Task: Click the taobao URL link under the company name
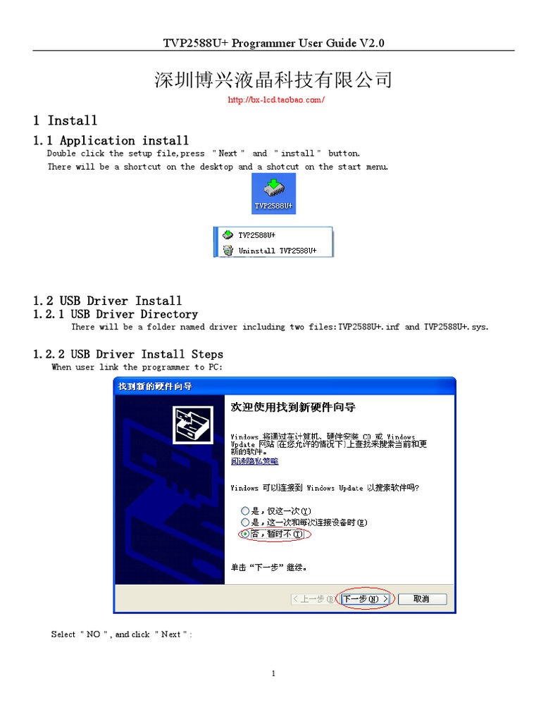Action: click(275, 100)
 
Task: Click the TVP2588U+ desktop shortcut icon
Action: click(273, 193)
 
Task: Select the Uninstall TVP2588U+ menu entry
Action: click(276, 250)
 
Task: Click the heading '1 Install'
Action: click(66, 120)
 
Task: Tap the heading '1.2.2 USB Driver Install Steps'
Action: click(128, 353)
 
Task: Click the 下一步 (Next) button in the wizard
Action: click(366, 599)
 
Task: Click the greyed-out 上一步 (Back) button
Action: click(313, 599)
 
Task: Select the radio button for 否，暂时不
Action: click(245, 534)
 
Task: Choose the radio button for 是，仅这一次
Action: click(245, 510)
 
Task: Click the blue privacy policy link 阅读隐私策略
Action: click(254, 461)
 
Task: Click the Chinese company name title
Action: click(273, 80)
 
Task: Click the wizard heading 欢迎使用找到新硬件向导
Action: click(293, 408)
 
